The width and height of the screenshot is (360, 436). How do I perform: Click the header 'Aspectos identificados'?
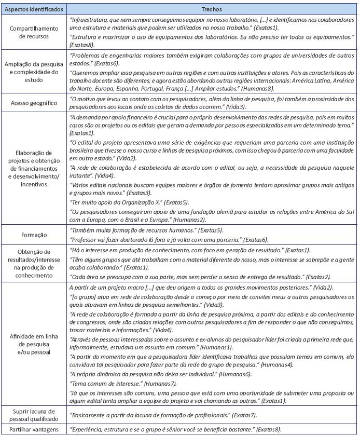pyautogui.click(x=34, y=9)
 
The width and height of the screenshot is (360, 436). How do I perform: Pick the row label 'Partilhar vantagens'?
pyautogui.click(x=34, y=429)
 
